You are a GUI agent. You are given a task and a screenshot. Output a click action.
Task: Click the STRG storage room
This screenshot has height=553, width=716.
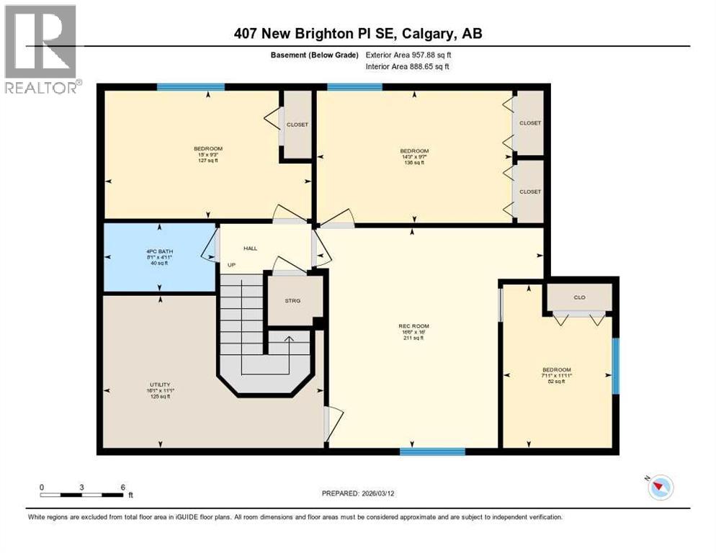click(x=292, y=300)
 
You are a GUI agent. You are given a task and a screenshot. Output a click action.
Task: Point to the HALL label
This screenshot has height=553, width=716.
click(x=250, y=248)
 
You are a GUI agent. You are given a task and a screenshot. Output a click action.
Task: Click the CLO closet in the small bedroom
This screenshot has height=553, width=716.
click(x=579, y=296)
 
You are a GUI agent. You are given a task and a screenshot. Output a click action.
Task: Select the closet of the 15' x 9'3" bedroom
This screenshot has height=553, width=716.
click(x=297, y=125)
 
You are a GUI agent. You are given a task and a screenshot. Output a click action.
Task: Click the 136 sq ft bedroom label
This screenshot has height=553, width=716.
click(x=413, y=156)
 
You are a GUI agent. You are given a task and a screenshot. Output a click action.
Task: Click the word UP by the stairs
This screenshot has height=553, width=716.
click(x=232, y=265)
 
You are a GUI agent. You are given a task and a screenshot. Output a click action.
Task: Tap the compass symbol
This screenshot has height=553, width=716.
click(x=659, y=487)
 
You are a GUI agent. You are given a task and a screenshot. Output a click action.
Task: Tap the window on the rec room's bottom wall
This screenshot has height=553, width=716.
click(x=432, y=451)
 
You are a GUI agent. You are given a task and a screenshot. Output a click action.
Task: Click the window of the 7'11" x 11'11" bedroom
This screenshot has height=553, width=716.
click(x=615, y=366)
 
